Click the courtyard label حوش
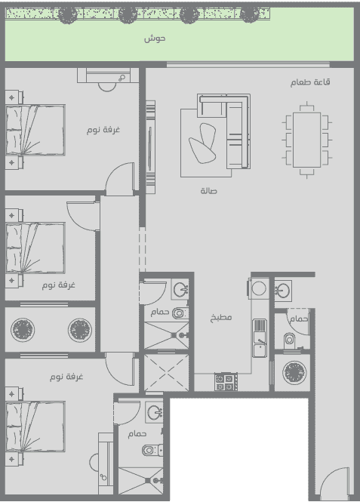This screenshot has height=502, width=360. [155, 38]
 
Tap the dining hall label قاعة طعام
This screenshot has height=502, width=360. [310, 82]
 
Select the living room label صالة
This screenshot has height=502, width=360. [208, 191]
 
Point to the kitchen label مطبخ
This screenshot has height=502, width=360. [221, 318]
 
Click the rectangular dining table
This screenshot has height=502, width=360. [307, 140]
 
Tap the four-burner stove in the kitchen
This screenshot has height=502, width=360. [226, 382]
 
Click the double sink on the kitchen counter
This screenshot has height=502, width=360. [260, 337]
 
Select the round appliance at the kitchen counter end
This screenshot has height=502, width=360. [259, 288]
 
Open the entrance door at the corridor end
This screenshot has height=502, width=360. [334, 483]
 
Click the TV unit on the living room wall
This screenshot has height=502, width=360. [150, 147]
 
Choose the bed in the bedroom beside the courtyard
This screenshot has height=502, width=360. [35, 130]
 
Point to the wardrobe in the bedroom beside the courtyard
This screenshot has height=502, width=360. [108, 75]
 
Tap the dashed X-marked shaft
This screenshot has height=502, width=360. [166, 372]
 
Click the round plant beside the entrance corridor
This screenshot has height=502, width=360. [294, 372]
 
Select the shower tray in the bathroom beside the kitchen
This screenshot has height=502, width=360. [166, 335]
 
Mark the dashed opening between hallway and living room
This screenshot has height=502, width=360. [143, 250]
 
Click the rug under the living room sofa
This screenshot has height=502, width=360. [206, 143]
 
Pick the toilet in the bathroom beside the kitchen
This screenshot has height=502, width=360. [180, 313]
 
